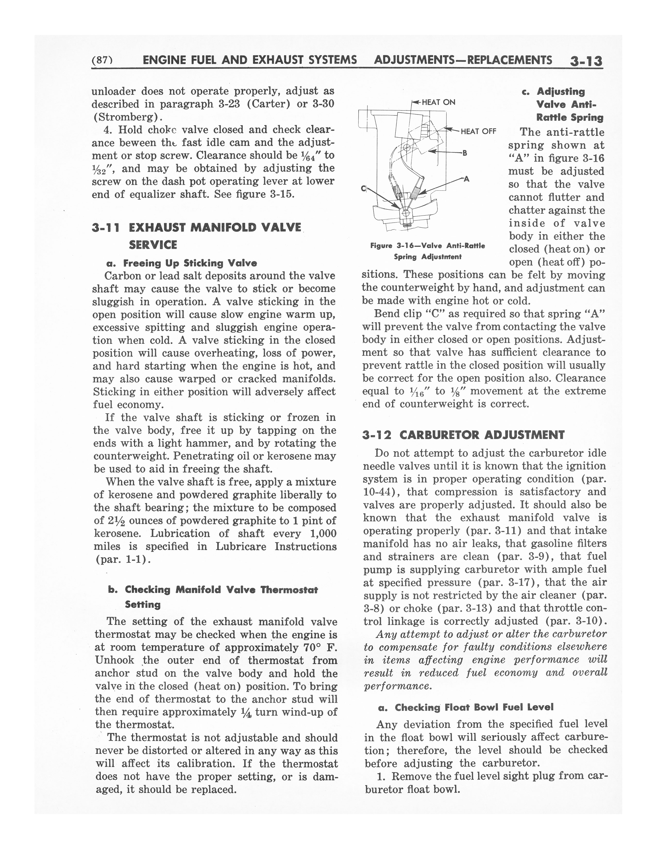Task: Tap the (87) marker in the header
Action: [x=102, y=60]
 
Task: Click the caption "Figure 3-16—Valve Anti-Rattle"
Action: [x=427, y=246]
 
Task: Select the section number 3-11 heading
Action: [x=106, y=228]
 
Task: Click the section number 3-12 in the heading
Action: [x=376, y=435]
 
